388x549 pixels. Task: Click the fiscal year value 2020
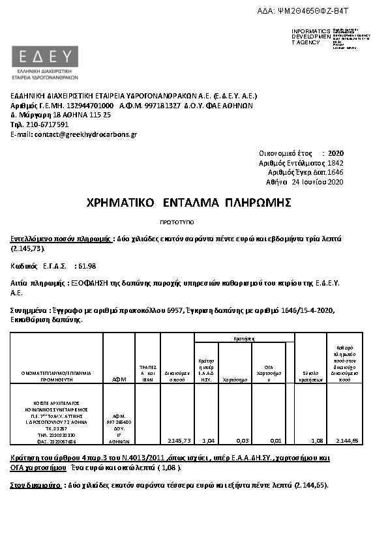click(336, 152)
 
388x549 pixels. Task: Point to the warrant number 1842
click(335, 162)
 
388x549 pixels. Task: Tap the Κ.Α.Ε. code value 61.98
click(86, 266)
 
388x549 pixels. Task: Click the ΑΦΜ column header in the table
click(119, 378)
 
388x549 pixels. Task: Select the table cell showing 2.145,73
click(178, 440)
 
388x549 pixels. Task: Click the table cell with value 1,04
click(206, 440)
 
